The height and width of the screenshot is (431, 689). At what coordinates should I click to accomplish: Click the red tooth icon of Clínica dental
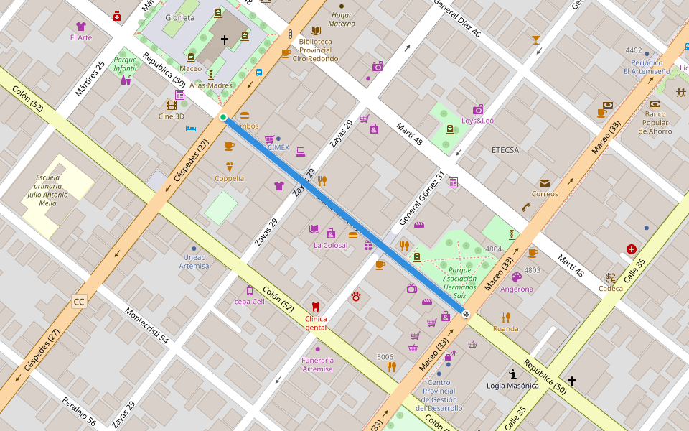315,307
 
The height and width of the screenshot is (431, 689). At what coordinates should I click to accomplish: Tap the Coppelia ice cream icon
230,167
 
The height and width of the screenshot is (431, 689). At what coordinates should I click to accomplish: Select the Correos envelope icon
545,183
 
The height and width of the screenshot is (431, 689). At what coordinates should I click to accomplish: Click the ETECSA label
505,150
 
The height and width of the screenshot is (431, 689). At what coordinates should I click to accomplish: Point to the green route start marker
223,117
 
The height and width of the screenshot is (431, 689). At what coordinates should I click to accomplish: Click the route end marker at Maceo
466,314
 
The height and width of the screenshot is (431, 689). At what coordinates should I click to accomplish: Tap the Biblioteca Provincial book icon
316,30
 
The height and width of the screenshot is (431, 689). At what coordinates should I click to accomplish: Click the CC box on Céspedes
79,302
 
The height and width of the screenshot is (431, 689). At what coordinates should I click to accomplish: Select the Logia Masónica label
512,386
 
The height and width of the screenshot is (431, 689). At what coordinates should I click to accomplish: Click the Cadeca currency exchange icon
611,277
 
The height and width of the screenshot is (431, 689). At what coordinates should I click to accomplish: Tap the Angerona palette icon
517,277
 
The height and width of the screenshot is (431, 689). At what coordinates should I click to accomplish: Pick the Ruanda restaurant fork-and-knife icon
506,317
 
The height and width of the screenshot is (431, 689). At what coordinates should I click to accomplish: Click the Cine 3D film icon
171,105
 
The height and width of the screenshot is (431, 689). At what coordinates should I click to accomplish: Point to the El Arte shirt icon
80,27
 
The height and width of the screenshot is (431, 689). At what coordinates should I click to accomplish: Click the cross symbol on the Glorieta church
224,41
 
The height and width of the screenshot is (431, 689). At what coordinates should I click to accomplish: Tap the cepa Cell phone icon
250,290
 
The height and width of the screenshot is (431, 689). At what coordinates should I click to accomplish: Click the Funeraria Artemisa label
317,364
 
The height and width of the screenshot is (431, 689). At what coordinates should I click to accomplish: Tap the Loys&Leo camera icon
478,109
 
